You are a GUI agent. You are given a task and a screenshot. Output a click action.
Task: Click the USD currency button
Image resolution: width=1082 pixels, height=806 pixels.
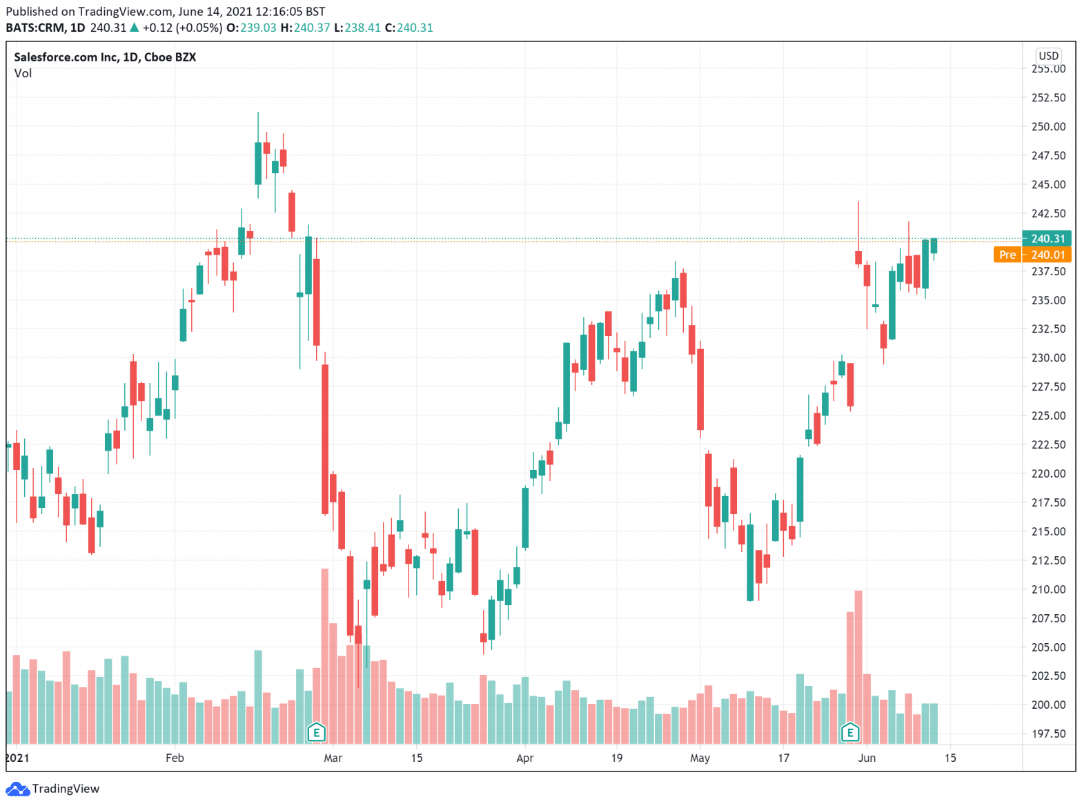[x=1047, y=56]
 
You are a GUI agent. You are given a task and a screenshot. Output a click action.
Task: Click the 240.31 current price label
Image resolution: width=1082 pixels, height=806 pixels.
[x=1047, y=239]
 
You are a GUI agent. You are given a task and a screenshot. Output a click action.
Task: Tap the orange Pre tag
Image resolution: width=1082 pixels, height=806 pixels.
[x=1007, y=255]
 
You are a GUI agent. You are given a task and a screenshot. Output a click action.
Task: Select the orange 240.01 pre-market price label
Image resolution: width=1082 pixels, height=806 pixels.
[x=1047, y=255]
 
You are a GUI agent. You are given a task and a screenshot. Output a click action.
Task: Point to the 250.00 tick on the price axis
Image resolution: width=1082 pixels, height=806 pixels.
[x=1047, y=126]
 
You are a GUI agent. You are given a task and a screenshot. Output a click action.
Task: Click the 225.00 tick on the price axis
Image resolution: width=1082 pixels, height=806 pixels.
[x=1047, y=415]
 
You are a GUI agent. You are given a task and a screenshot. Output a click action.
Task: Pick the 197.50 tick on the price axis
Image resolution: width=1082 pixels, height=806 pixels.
[x=1047, y=734]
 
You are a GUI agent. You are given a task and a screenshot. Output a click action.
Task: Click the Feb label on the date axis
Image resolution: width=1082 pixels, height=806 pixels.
[x=175, y=758]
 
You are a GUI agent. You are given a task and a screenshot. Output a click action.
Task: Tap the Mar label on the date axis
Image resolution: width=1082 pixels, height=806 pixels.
[x=333, y=758]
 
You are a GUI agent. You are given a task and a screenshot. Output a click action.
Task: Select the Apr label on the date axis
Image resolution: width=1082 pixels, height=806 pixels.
[x=524, y=758]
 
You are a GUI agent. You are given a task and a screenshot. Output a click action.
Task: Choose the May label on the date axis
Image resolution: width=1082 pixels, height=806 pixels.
[x=700, y=758]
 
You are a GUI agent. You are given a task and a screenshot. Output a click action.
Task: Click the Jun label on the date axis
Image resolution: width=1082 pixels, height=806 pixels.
[x=867, y=758]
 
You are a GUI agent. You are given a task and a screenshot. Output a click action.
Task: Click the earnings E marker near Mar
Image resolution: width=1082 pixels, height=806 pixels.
[x=316, y=732]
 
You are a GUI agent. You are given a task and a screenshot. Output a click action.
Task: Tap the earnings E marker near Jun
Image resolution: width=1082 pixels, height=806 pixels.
[x=850, y=732]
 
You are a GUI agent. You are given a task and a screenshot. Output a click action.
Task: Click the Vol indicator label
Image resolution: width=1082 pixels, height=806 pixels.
[x=23, y=73]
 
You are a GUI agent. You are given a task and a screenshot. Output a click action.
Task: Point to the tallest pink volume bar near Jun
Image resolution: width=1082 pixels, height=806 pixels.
[x=858, y=662]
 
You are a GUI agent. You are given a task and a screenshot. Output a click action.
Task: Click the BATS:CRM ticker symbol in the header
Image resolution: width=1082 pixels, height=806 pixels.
[x=35, y=28]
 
